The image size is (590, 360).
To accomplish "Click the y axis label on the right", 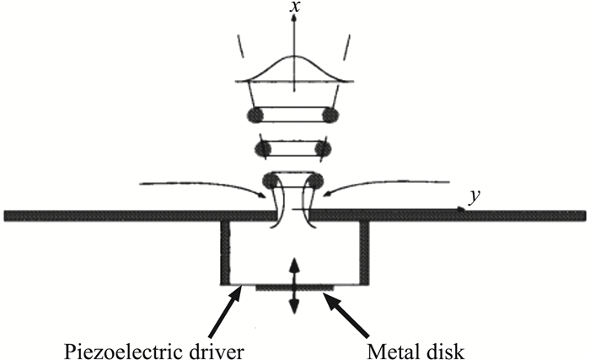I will coord(475,199).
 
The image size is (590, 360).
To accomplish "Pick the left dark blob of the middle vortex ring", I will coord(263,148).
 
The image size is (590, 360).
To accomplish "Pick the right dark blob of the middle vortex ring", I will coord(321,148).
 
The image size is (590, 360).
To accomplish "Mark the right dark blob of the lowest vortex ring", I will coord(316,180).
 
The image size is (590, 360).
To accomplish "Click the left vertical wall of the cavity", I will coord(225,253).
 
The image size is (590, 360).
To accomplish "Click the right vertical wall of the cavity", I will coord(364,253).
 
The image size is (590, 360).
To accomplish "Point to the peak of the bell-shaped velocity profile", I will coord(294,57).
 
